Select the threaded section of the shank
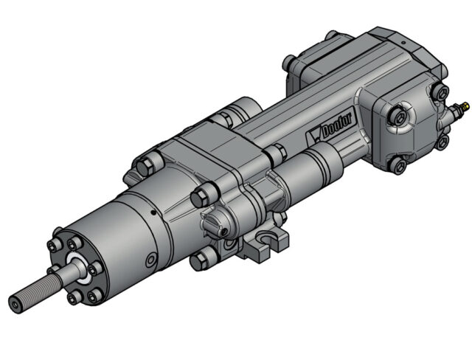tap(33, 294)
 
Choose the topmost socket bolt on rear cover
tap(440, 91)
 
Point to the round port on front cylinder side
tap(150, 260)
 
